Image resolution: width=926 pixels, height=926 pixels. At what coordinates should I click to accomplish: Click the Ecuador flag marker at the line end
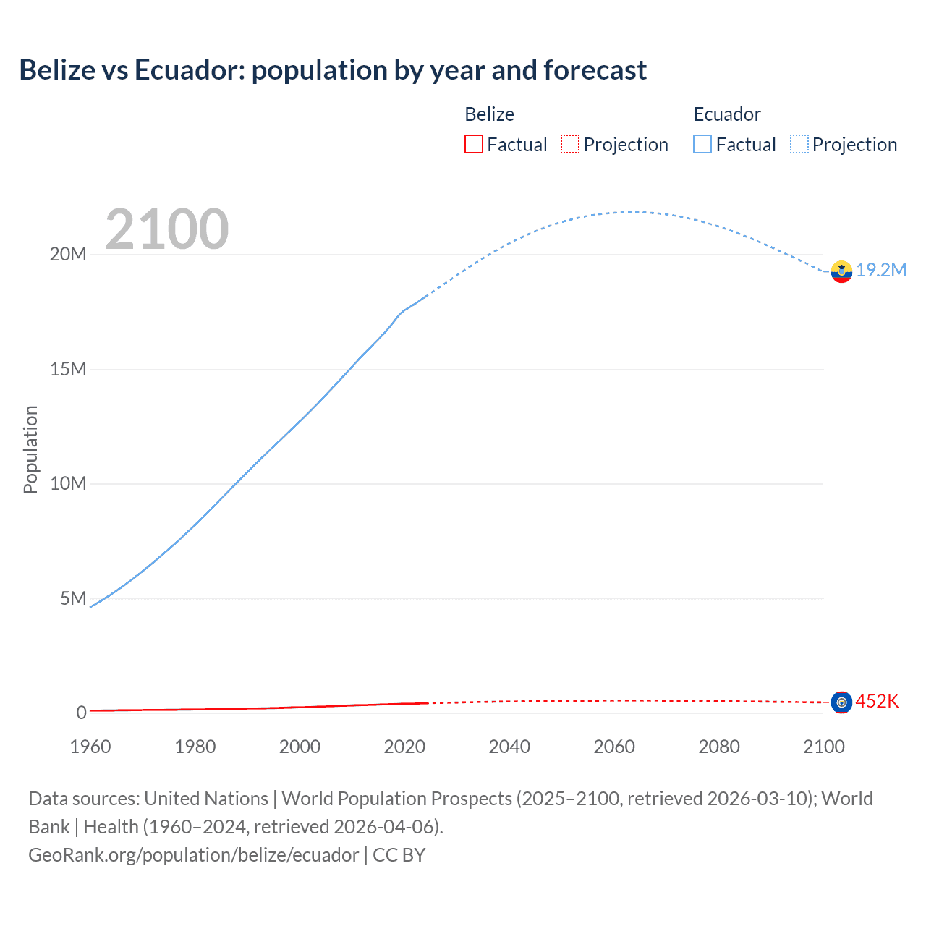click(841, 271)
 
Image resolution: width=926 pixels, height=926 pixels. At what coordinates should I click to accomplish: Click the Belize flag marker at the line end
click(841, 702)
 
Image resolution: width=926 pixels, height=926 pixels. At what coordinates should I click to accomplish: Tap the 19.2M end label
click(881, 270)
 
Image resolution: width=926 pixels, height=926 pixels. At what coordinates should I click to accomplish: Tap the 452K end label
click(877, 701)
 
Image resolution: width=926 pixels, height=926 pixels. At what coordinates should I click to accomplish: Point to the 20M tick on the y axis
click(68, 254)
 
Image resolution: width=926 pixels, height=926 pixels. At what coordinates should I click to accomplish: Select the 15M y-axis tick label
click(68, 369)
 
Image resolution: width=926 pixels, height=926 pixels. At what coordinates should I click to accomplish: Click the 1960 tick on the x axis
click(90, 747)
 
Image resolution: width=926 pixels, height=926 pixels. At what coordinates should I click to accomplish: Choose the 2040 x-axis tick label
click(509, 747)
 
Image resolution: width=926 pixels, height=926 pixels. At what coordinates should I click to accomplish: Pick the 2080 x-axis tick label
click(719, 747)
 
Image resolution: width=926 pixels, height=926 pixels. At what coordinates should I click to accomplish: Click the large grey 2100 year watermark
click(167, 229)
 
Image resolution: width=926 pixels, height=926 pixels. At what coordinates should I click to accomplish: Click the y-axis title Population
click(30, 449)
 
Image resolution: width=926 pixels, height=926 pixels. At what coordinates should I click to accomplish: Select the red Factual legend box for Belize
click(474, 144)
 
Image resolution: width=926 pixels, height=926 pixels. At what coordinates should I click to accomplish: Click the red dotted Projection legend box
click(570, 144)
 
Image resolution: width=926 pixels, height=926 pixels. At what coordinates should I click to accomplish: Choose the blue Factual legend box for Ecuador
click(702, 144)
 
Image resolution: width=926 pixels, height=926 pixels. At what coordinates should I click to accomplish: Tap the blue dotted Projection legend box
click(799, 144)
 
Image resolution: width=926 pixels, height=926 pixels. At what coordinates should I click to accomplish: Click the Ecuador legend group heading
click(727, 114)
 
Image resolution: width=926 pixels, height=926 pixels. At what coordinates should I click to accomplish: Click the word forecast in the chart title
click(595, 70)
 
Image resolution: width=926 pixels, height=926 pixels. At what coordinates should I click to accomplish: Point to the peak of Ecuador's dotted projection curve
click(632, 212)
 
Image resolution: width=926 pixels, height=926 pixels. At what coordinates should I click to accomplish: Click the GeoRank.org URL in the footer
click(193, 854)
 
